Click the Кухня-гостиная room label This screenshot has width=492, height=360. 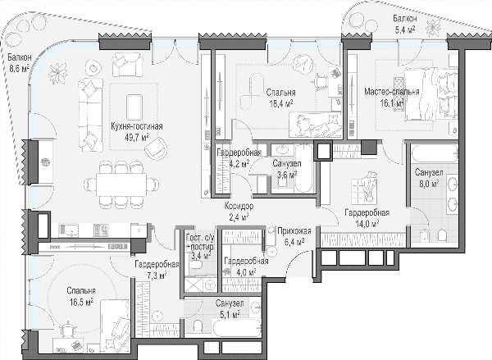tap(137, 126)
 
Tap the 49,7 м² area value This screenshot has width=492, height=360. tap(137, 137)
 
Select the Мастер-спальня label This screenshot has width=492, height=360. tap(392, 92)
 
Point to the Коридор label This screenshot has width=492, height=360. tap(239, 206)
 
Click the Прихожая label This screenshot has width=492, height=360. tap(294, 231)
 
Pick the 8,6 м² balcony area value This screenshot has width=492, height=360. tap(19, 68)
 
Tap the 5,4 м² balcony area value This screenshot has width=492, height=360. tap(405, 30)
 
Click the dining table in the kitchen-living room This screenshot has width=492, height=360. tap(121, 184)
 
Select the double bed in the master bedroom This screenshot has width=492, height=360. tap(430, 94)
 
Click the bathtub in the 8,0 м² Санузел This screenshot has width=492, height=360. tap(435, 154)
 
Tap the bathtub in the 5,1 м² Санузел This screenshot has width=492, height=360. tap(237, 328)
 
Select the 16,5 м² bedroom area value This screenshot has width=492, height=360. tap(81, 302)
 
